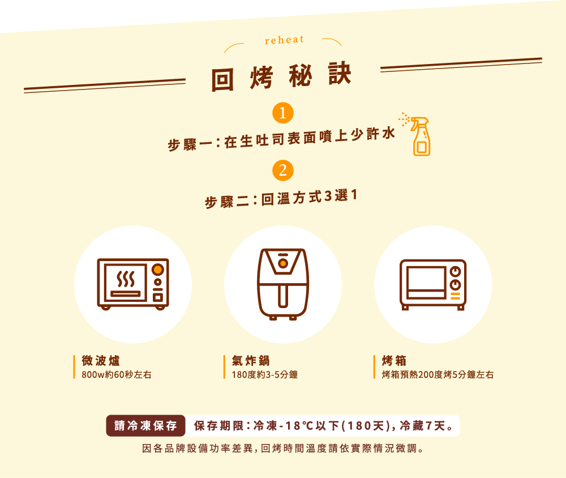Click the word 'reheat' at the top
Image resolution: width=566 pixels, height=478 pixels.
coord(285,40)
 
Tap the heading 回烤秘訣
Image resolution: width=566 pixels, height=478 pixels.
coord(281,76)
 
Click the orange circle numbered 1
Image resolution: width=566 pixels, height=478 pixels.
coord(282,113)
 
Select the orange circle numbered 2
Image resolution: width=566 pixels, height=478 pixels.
coord(282,170)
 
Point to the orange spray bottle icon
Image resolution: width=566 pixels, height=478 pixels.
coord(419,136)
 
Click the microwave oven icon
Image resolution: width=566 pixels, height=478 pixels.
coord(133,284)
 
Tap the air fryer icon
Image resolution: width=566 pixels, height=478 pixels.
coord(283,284)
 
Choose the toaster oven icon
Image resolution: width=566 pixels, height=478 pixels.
coord(433,285)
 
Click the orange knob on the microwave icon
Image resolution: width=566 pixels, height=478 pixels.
coord(158,269)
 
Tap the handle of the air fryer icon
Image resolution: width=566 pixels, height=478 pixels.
coord(283,296)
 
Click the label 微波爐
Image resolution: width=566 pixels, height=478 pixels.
coord(101,360)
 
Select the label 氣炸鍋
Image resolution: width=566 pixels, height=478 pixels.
coord(251,360)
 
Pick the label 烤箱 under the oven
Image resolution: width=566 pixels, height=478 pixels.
coord(394,360)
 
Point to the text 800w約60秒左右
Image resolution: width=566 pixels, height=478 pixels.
coord(116,375)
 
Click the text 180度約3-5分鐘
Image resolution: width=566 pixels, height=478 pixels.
coord(264,375)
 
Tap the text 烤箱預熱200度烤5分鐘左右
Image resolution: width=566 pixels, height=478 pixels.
coord(438,375)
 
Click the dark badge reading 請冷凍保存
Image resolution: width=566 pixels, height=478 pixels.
coord(145,425)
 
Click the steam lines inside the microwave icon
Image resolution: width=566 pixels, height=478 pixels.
coord(126,279)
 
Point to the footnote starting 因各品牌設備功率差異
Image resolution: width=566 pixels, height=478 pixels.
coord(283,449)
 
